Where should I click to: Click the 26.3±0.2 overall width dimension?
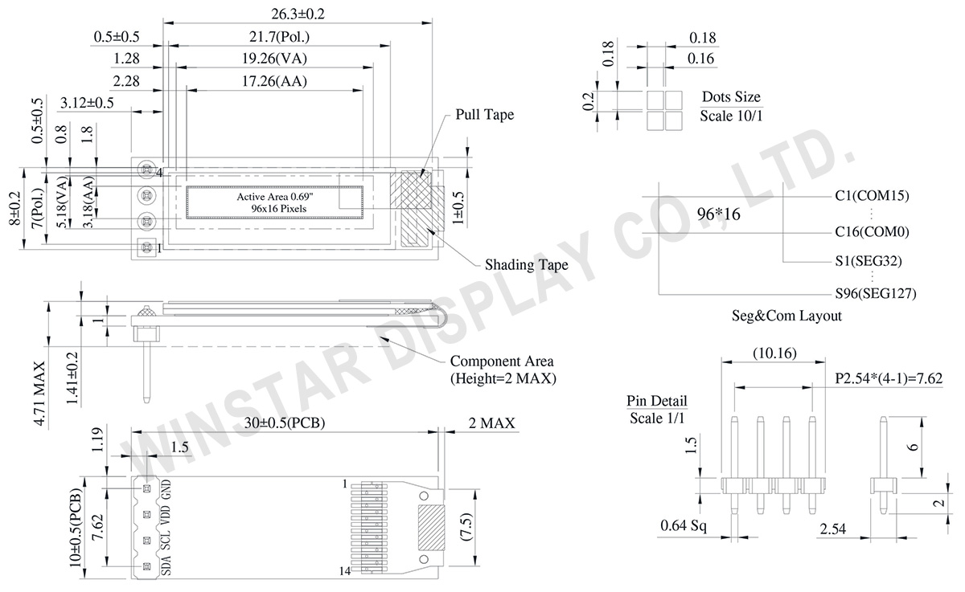point(298,14)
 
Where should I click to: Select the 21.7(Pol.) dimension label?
point(279,37)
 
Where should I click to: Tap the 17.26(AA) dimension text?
point(274,81)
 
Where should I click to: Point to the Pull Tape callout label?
point(485,114)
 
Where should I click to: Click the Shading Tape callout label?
point(527,264)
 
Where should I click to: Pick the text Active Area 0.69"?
point(275,197)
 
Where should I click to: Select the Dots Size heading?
point(731,97)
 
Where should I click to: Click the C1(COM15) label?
point(872,195)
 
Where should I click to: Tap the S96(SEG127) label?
point(876,293)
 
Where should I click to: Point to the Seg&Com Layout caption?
point(786,316)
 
